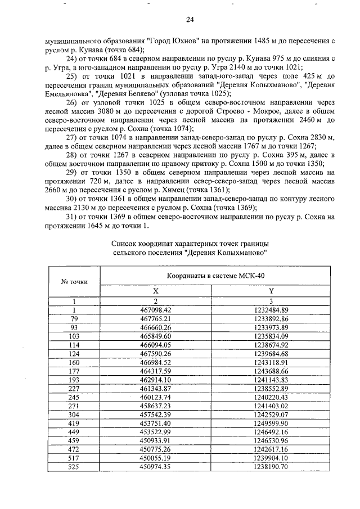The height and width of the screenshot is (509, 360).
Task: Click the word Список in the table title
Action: [125, 243]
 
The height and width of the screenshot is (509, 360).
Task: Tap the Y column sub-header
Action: [271, 291]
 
